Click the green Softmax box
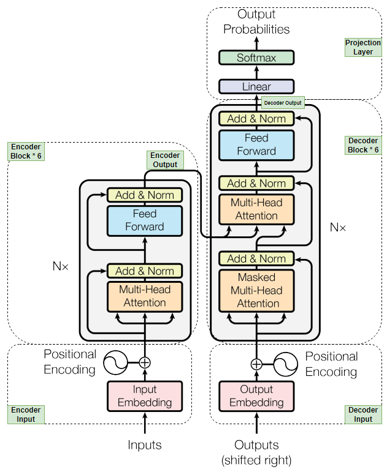click(256, 58)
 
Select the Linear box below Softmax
click(256, 86)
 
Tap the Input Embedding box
click(145, 395)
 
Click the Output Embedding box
click(256, 395)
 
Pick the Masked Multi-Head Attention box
click(256, 290)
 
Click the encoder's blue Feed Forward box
click(145, 220)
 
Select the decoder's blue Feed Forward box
click(256, 145)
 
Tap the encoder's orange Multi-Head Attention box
click(145, 296)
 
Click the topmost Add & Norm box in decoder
click(256, 119)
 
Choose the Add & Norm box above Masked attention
click(256, 258)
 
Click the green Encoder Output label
click(164, 160)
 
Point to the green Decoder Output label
click(282, 102)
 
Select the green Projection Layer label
click(362, 48)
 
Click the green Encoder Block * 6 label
click(25, 151)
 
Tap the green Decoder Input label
click(362, 414)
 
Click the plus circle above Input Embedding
click(145, 362)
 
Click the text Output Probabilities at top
click(256, 21)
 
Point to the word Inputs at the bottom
click(145, 445)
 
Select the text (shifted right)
click(256, 460)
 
